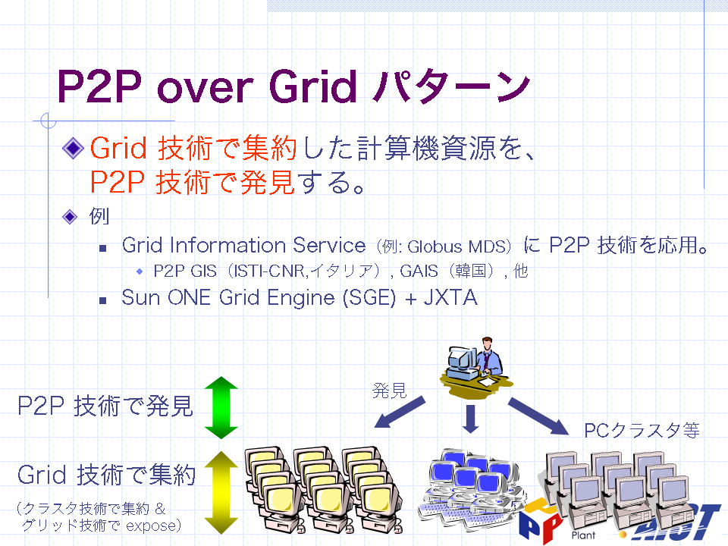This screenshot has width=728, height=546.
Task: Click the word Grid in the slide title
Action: (x=313, y=86)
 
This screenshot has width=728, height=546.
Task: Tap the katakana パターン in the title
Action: (x=452, y=86)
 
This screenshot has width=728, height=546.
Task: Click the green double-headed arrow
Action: (x=221, y=408)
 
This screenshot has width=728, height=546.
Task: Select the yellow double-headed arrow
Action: (x=221, y=493)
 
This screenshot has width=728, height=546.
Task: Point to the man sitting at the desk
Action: (x=476, y=366)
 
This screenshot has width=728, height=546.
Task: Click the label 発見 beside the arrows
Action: (x=390, y=391)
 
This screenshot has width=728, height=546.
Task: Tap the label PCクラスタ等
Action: (x=642, y=431)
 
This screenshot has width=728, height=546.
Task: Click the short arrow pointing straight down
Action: (x=471, y=419)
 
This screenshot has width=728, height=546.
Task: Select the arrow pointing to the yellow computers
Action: (x=400, y=412)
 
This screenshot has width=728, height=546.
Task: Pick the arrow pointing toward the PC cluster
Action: (x=538, y=416)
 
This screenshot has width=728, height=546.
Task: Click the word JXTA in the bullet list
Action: (x=450, y=297)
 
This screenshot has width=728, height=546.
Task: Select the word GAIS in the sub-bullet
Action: (x=419, y=271)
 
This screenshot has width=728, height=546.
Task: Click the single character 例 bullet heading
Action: (x=99, y=216)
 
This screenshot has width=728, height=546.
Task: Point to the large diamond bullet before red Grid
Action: (x=73, y=148)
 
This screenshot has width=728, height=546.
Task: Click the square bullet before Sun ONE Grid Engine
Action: (x=103, y=300)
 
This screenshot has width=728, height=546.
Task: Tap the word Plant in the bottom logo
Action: (x=583, y=535)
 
